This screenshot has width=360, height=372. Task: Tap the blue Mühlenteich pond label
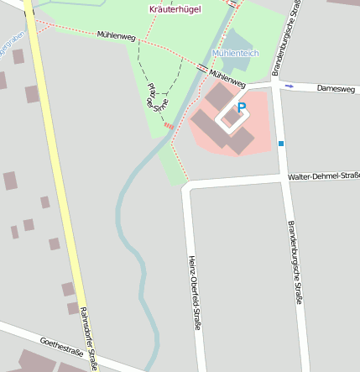[x=236, y=53]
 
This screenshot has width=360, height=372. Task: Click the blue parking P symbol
[x=243, y=107]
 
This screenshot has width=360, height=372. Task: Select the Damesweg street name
[x=336, y=87]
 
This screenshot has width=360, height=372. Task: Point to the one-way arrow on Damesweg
[x=289, y=85]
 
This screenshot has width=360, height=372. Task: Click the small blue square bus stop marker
[x=281, y=144]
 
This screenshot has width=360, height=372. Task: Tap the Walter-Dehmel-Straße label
[x=324, y=176]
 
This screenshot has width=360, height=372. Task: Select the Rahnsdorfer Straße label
[x=89, y=338]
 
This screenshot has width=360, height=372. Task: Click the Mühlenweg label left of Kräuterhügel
[x=116, y=35]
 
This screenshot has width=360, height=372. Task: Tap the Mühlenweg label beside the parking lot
[x=227, y=78]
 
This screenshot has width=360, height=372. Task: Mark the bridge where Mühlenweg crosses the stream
[x=204, y=68]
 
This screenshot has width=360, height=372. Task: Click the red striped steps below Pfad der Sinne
[x=170, y=126]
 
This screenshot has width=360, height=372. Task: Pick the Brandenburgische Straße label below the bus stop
[x=295, y=262]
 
